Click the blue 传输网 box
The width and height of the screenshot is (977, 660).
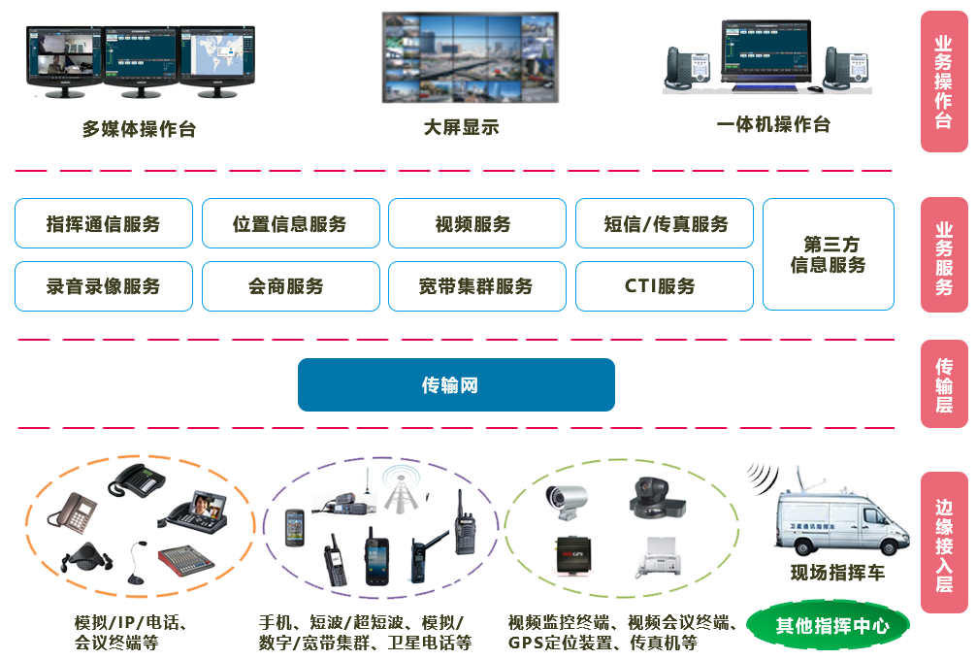[x=456, y=384]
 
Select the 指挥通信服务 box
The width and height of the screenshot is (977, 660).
[x=104, y=224]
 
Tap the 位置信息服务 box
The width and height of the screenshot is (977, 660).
[x=290, y=224]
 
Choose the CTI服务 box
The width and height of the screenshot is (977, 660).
[x=664, y=286]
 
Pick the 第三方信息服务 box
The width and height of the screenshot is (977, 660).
[x=828, y=254]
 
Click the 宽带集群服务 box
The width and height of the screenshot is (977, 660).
[x=476, y=286]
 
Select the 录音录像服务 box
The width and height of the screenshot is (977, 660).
[x=104, y=286]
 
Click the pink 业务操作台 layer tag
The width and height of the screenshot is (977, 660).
[x=943, y=82]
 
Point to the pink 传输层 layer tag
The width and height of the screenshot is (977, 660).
[x=943, y=384]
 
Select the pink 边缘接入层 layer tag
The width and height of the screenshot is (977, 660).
[x=943, y=544]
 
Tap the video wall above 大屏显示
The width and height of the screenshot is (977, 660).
[x=470, y=57]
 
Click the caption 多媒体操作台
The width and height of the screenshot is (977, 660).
[x=139, y=129]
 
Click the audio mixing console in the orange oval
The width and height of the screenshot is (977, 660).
[x=191, y=558]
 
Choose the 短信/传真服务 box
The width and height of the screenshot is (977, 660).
[x=665, y=224]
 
